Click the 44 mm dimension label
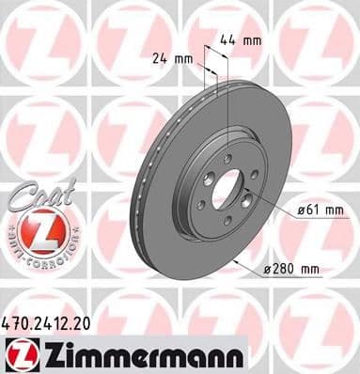240,41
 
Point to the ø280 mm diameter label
292,270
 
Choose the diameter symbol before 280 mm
266,270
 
